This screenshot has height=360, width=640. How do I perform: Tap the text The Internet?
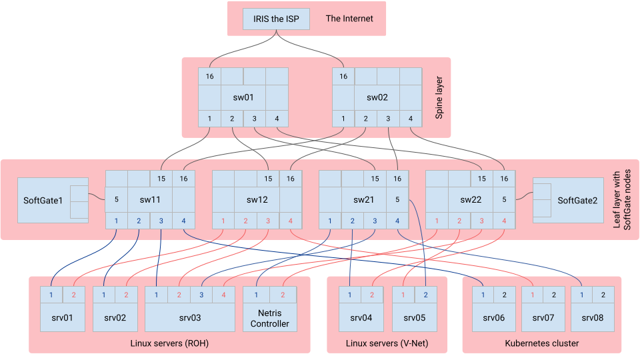click(x=349, y=19)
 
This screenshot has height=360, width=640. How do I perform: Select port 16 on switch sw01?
click(x=209, y=76)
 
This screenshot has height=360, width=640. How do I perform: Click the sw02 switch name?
click(x=377, y=97)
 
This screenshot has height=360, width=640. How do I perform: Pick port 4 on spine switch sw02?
click(x=411, y=119)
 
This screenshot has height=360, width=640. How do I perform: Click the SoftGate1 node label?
click(x=43, y=200)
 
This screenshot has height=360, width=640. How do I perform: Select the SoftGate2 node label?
click(x=577, y=200)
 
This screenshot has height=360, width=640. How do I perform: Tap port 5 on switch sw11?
click(x=116, y=199)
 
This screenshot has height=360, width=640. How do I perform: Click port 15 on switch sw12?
click(x=268, y=179)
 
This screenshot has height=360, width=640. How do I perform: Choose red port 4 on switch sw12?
click(x=291, y=221)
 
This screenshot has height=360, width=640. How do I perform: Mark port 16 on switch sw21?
click(x=397, y=179)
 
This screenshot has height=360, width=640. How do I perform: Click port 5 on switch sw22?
click(x=504, y=199)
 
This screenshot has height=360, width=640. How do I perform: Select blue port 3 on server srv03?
click(x=201, y=295)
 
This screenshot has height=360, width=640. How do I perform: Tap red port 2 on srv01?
click(x=74, y=295)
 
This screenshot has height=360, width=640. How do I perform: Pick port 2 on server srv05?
click(x=425, y=295)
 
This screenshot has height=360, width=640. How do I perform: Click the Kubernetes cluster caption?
click(x=541, y=343)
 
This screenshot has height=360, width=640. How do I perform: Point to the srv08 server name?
click(x=592, y=317)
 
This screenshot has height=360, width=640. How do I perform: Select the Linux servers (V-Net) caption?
click(x=387, y=343)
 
